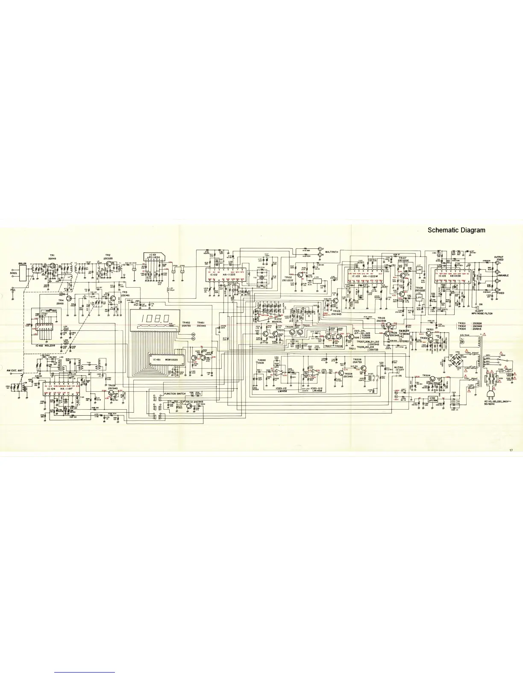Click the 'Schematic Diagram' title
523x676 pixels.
(x=457, y=230)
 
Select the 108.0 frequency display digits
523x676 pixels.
(x=156, y=319)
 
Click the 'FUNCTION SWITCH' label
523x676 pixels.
(x=175, y=393)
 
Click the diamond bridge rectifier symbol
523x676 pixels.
(x=455, y=360)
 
